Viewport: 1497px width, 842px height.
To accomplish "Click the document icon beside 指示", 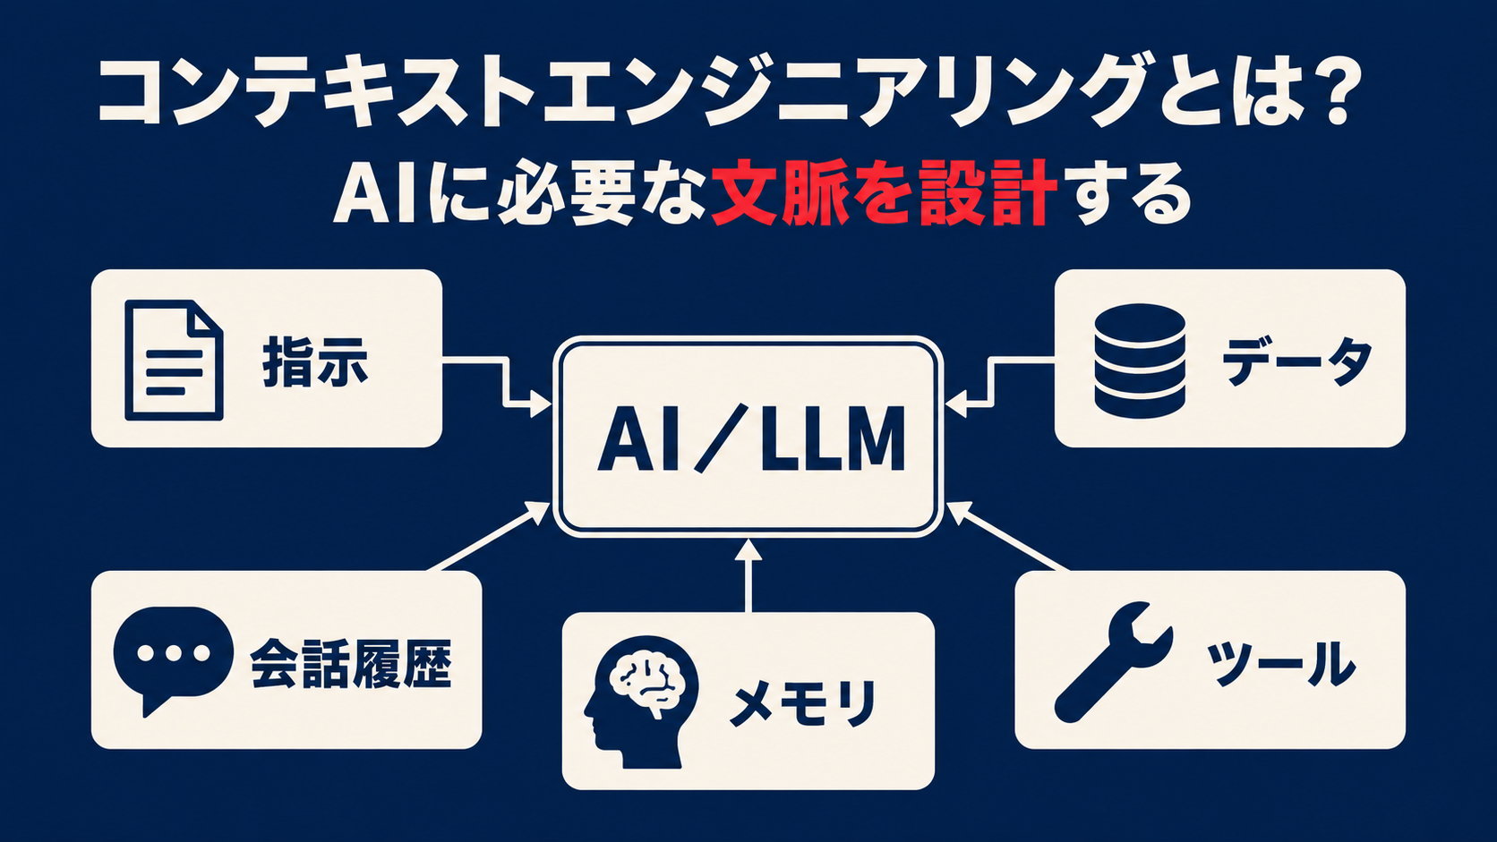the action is pyautogui.click(x=174, y=361).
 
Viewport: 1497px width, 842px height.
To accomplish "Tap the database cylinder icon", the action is pyautogui.click(x=1140, y=361).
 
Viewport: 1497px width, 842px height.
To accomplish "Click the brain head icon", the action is pyautogui.click(x=642, y=702).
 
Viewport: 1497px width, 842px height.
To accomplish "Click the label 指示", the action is pyautogui.click(x=315, y=361).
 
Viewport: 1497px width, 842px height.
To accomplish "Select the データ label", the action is pyautogui.click(x=1297, y=361).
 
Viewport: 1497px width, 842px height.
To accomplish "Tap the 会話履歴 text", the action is pyautogui.click(x=352, y=664).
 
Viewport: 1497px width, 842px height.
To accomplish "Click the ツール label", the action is pyautogui.click(x=1281, y=664).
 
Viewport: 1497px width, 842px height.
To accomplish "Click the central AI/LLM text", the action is pyautogui.click(x=750, y=438).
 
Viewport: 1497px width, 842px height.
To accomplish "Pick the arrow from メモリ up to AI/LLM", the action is pyautogui.click(x=748, y=575).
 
